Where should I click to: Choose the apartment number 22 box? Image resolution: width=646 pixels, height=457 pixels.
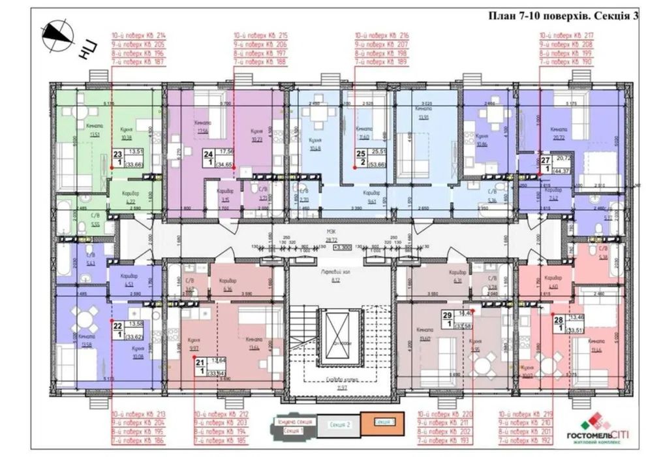tap(117, 327)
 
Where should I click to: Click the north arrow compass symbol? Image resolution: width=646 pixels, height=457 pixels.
tap(57, 36)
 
